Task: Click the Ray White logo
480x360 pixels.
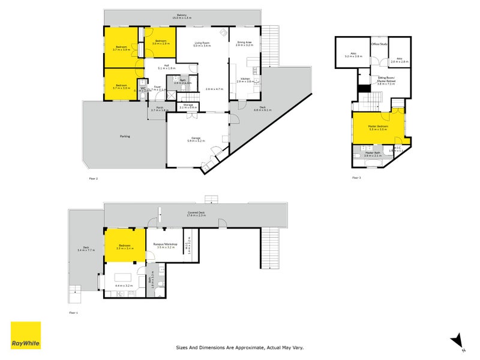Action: pyautogui.click(x=26, y=335)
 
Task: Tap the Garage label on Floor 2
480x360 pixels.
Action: pyautogui.click(x=196, y=139)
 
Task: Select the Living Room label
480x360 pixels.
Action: pyautogui.click(x=202, y=44)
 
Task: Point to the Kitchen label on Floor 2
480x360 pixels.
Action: pyautogui.click(x=245, y=79)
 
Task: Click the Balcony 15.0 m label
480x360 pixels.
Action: pyautogui.click(x=182, y=16)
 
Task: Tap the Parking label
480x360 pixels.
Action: pyautogui.click(x=125, y=136)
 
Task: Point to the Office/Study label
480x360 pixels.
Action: pyautogui.click(x=380, y=44)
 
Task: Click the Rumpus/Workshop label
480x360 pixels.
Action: pyautogui.click(x=166, y=245)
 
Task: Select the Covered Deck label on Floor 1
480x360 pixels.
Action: pyautogui.click(x=196, y=212)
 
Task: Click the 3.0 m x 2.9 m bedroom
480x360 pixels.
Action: pyautogui.click(x=160, y=43)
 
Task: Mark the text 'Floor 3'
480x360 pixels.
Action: pyautogui.click(x=356, y=178)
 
